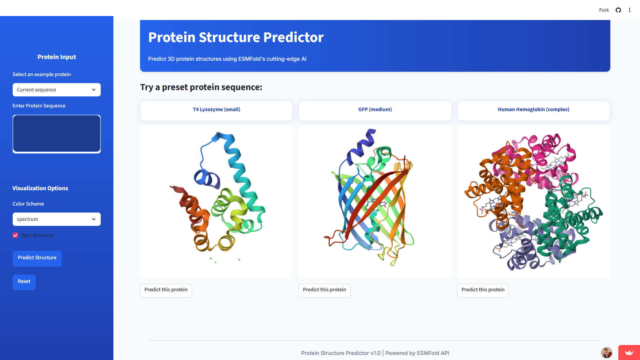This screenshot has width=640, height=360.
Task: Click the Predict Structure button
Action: [37, 258]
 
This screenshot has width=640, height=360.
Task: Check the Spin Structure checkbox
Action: [15, 235]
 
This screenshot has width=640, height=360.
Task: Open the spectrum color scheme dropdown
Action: [56, 219]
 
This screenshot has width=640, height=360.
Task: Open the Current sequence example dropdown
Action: [56, 90]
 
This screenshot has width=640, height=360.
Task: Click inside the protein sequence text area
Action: [56, 133]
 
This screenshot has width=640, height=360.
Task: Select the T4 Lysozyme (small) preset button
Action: [216, 110]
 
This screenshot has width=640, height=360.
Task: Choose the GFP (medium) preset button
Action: [375, 110]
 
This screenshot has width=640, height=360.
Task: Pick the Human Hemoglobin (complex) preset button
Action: [533, 110]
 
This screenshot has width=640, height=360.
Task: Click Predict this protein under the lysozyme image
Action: [166, 290]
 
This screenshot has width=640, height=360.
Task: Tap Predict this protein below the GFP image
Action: [324, 290]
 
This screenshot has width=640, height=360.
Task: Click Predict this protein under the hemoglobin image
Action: [483, 290]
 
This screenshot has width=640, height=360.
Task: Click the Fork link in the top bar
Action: [604, 10]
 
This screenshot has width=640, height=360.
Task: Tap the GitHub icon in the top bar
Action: [618, 10]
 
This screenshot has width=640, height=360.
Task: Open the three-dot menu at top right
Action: [630, 10]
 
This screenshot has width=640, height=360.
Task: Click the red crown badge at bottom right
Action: [629, 353]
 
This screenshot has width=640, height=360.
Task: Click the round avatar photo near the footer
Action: [606, 352]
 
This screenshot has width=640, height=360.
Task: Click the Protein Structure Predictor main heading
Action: [236, 37]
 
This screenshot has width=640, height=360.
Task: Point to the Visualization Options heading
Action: [40, 188]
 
